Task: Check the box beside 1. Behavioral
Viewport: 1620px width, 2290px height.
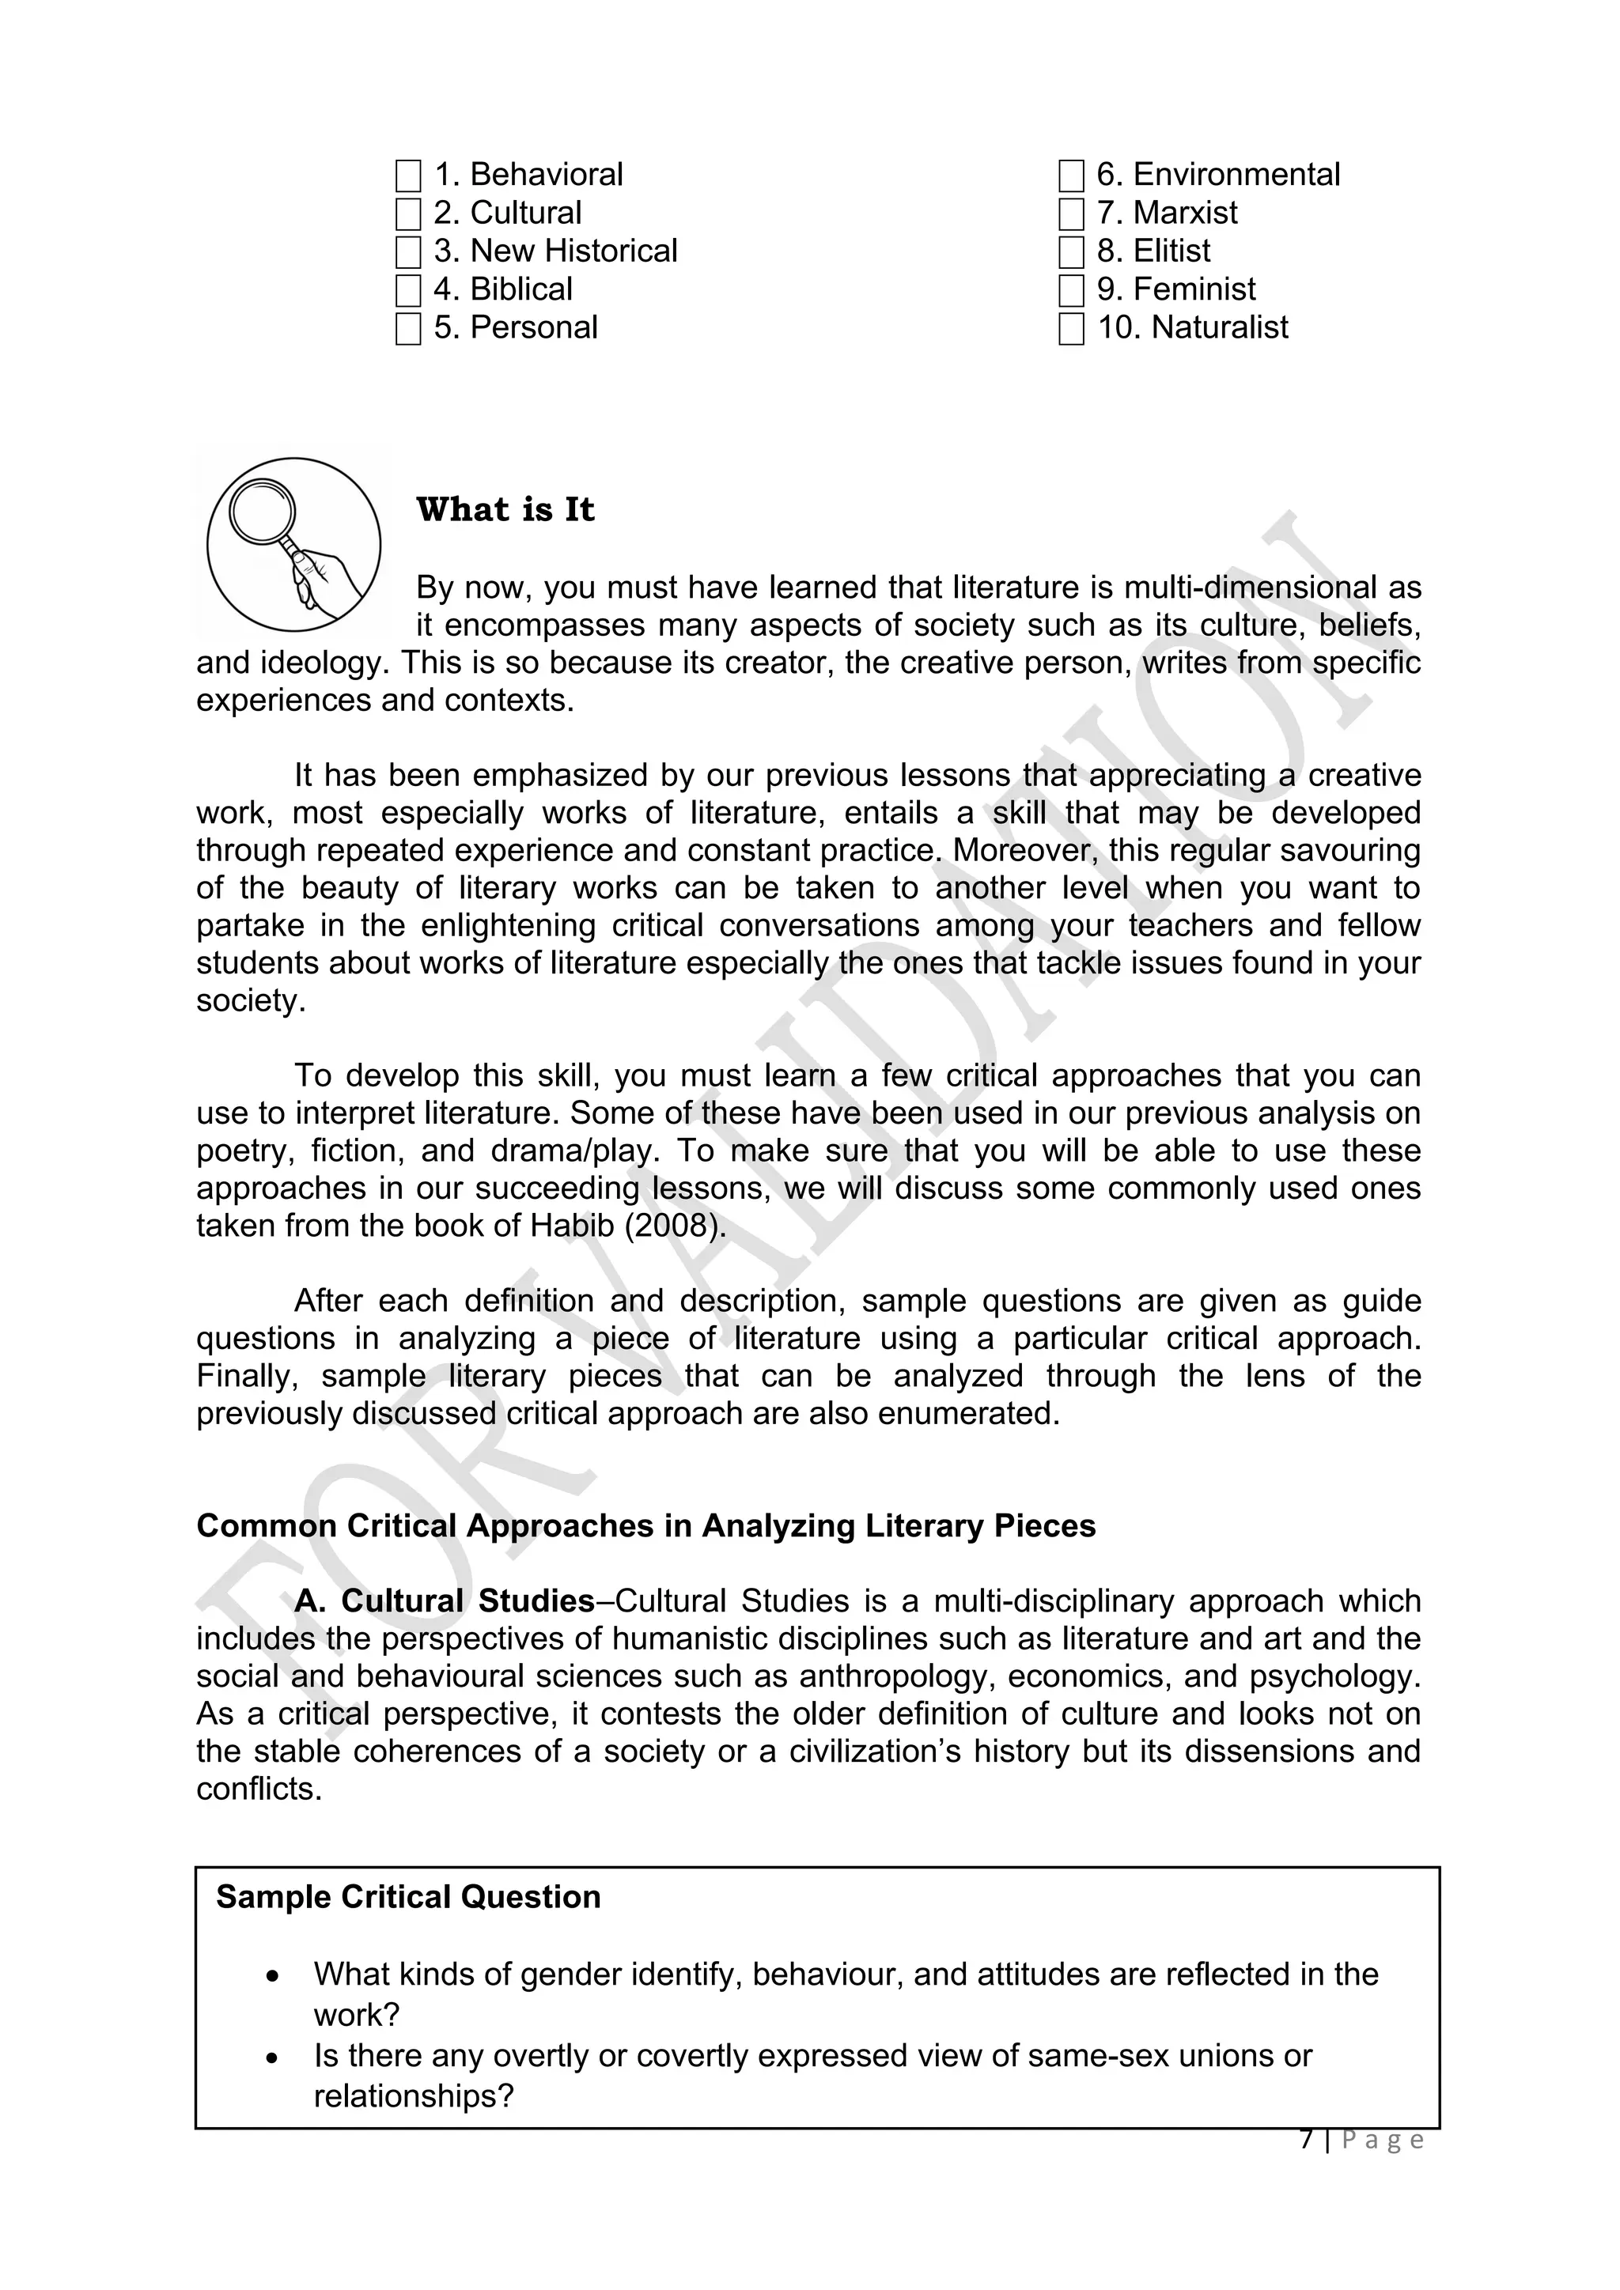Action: [408, 176]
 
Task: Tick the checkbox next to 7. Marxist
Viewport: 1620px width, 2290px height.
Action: [1070, 214]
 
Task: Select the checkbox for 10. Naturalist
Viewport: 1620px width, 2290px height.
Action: [1070, 329]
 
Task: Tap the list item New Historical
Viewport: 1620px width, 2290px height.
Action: [573, 251]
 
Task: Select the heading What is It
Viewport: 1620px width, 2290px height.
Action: [505, 510]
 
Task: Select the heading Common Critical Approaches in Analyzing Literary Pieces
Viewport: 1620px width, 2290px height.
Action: [645, 1526]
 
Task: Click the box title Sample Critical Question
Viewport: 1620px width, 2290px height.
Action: [408, 1896]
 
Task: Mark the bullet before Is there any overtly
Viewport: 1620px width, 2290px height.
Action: [272, 2058]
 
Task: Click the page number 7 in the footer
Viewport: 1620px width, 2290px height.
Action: [1307, 2140]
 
